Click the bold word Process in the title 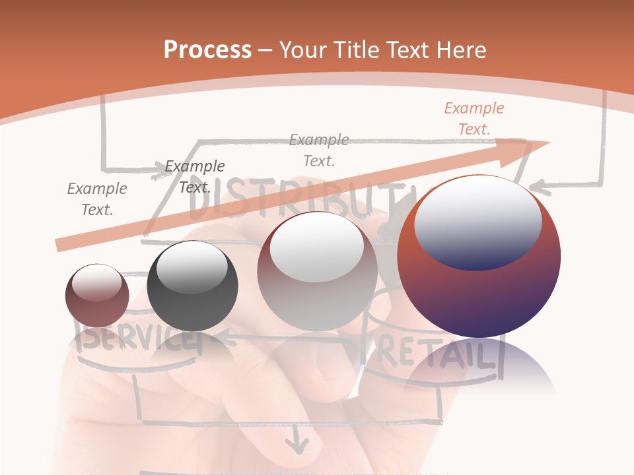(x=207, y=49)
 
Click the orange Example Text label (x=474, y=119)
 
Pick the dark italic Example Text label (x=194, y=177)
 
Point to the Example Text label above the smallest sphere (x=96, y=199)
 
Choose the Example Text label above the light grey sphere (x=319, y=150)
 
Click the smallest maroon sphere (x=97, y=296)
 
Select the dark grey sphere (x=192, y=286)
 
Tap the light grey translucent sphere (x=317, y=271)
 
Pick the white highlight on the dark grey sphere (x=192, y=267)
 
